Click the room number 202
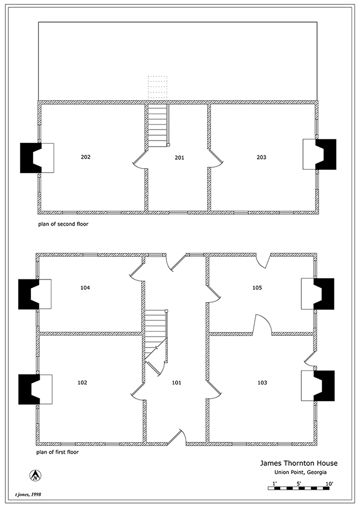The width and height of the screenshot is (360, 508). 86,157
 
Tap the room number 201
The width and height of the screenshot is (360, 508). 179,158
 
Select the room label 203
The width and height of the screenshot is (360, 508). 261,157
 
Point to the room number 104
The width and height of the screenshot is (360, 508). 85,288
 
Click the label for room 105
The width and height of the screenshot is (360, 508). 257,288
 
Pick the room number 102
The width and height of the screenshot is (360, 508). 83,382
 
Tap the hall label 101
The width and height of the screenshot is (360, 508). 177,382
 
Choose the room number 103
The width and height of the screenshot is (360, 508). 262,382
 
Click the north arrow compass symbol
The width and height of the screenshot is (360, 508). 35,475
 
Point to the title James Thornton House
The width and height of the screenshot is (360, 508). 299,463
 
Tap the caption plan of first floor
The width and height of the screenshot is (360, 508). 58,452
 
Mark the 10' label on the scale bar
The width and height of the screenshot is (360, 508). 329,484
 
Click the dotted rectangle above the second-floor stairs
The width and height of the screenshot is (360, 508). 158,88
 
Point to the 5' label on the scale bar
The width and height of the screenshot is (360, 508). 299,484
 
